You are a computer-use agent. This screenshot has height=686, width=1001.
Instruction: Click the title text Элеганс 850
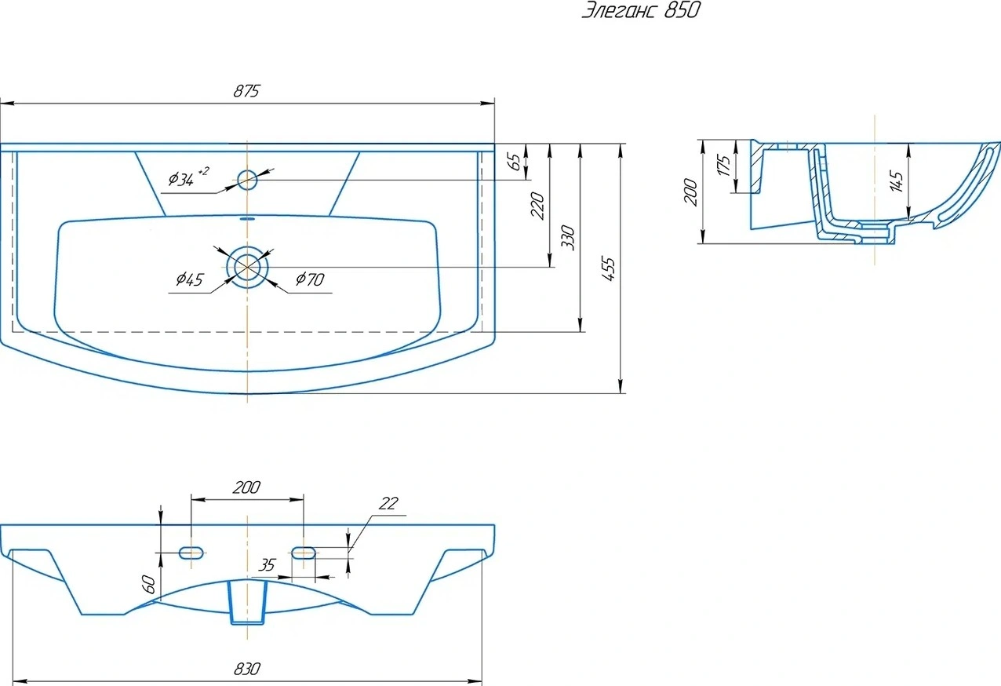coord(641,10)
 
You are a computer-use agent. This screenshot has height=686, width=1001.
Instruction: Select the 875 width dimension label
coord(246,91)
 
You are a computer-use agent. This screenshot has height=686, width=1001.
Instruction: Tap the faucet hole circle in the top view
coord(247,180)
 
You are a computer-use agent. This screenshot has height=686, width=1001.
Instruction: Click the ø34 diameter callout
coord(187,177)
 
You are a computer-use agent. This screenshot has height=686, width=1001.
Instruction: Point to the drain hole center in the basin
coord(247,267)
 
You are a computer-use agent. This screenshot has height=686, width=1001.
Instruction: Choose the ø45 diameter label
coord(189,279)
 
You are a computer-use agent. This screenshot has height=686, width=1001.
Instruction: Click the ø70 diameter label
coord(310,279)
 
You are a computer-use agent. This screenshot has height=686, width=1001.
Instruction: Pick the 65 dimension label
coord(515,162)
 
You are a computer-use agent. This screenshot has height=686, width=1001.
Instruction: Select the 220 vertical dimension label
coord(537,206)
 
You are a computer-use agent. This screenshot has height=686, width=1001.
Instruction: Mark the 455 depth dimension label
coord(608,268)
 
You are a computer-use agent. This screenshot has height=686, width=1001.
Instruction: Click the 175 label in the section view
coord(723,165)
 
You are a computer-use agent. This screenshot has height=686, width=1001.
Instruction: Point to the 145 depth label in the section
coord(896,181)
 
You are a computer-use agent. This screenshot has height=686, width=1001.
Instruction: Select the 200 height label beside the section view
coord(690,192)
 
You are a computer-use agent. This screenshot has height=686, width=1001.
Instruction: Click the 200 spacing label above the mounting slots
coord(246,487)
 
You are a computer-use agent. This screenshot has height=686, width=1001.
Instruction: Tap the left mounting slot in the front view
coord(191,553)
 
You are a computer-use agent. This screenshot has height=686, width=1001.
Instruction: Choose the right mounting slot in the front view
coord(304,553)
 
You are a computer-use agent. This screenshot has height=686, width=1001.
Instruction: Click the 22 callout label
coord(388,504)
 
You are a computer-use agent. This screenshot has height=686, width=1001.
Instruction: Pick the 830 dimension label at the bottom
coord(246,669)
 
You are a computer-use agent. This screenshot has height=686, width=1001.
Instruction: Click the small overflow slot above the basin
coord(247,219)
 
